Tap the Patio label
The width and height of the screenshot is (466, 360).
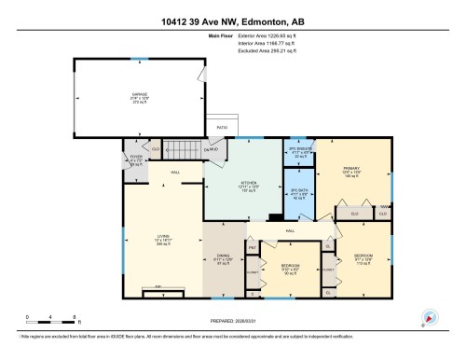point(222,127)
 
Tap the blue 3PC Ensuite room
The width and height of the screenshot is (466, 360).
point(298,154)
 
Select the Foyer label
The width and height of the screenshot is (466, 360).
point(136,159)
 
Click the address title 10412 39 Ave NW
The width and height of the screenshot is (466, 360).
point(232,21)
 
